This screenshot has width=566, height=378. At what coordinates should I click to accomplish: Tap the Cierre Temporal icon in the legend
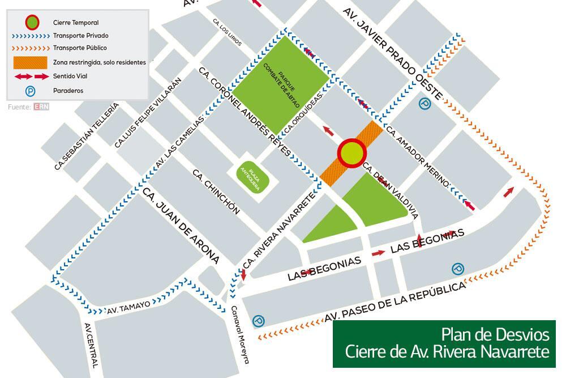[x=32, y=23]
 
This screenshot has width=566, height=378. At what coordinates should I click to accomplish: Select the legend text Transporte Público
[x=80, y=48]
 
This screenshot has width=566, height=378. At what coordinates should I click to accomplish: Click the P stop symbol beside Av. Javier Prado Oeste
[x=424, y=103]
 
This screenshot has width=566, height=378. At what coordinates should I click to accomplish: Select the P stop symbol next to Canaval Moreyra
[x=258, y=321]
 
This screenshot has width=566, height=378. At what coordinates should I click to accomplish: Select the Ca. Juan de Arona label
[x=181, y=226]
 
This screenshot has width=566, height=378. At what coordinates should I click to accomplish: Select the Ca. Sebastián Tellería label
[x=87, y=137]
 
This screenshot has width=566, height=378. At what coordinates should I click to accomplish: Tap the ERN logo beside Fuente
[x=41, y=106]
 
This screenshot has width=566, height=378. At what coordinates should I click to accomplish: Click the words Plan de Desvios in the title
[x=495, y=333]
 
